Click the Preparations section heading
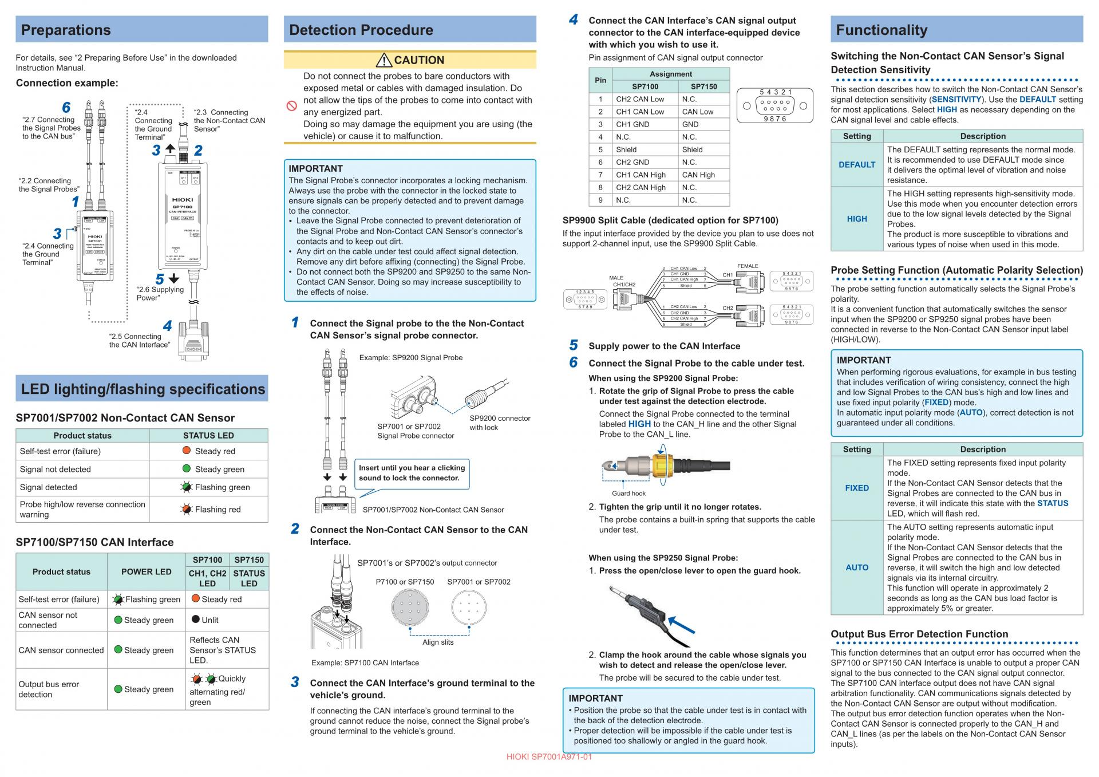(66, 30)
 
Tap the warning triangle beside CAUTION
(384, 60)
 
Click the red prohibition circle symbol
(292, 106)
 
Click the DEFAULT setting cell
(856, 165)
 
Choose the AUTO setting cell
(856, 567)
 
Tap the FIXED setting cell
(856, 488)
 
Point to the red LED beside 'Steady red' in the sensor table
(187, 451)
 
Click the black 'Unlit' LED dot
(195, 619)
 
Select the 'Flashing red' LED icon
(187, 508)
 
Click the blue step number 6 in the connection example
(66, 108)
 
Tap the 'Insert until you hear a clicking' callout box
(412, 473)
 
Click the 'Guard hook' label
(628, 494)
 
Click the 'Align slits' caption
(438, 642)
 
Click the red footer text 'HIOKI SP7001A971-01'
(549, 757)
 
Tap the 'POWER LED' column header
(146, 571)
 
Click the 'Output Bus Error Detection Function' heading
(919, 634)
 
